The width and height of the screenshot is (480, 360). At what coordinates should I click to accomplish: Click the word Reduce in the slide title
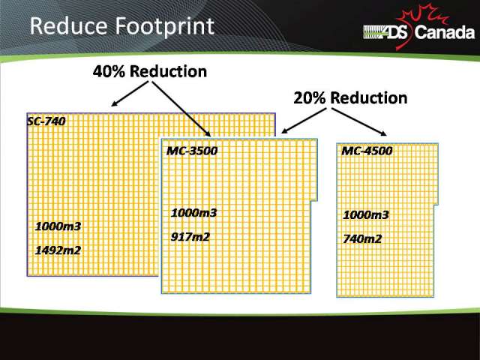69,26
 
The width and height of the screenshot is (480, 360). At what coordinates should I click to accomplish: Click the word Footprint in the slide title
165,27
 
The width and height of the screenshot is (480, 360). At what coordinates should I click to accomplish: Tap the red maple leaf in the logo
421,25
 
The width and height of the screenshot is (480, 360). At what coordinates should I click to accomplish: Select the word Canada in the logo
445,32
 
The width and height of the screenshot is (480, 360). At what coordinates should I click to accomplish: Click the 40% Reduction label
150,72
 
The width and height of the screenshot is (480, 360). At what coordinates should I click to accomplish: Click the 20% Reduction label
350,98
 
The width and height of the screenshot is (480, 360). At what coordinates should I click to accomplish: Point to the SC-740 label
46,121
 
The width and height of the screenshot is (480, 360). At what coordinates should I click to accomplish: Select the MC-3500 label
192,151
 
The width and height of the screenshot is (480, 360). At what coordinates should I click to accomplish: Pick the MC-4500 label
367,151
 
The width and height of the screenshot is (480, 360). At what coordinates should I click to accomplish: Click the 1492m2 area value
58,250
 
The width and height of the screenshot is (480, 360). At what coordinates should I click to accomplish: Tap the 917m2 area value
190,237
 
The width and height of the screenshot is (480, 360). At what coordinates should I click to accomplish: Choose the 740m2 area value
362,238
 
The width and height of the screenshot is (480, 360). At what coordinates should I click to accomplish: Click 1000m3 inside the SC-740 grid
58,226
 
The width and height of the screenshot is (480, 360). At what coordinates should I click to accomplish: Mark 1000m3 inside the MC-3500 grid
193,213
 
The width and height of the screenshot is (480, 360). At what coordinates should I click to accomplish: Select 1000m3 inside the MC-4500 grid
366,215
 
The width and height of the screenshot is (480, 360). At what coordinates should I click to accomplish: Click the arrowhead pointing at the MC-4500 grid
383,133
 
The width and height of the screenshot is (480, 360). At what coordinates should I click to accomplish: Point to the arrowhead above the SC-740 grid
114,103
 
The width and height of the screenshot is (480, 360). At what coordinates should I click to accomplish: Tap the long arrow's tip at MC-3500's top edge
210,136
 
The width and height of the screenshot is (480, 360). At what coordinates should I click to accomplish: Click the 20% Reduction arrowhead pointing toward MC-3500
283,131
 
